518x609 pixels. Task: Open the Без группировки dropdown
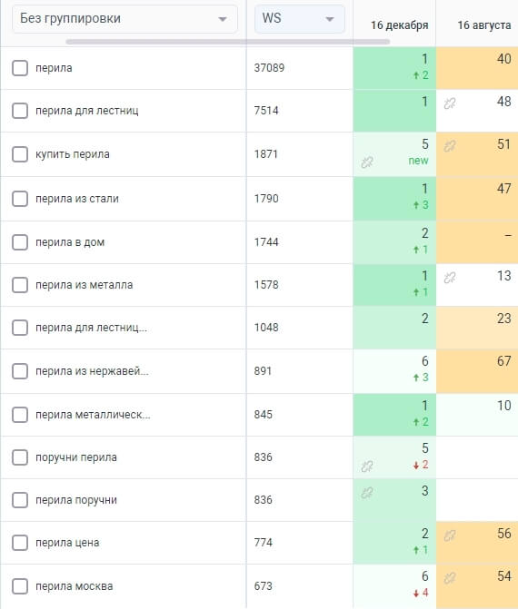(x=125, y=19)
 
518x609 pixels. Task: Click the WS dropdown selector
(x=300, y=19)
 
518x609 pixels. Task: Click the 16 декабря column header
(x=399, y=25)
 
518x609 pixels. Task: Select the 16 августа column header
(x=484, y=25)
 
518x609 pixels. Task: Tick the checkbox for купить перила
(x=20, y=154)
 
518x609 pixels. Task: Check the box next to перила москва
(x=20, y=586)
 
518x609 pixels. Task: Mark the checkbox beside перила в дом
(x=20, y=242)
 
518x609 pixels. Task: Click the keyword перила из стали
(x=77, y=199)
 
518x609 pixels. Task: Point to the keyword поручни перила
(x=76, y=457)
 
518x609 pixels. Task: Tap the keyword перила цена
(x=67, y=543)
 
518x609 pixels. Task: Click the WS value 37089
(x=269, y=68)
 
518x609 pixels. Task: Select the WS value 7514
(x=266, y=111)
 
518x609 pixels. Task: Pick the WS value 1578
(x=266, y=285)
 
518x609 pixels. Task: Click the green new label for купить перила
(x=418, y=161)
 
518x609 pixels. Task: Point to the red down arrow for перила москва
(x=416, y=593)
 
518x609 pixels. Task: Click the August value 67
(x=504, y=361)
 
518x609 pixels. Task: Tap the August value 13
(x=504, y=276)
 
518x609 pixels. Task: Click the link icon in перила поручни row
(x=367, y=493)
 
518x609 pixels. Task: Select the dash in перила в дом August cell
(x=508, y=236)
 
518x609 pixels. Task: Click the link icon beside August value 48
(x=450, y=103)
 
